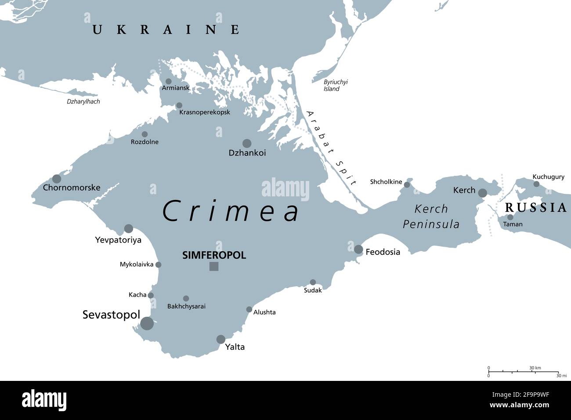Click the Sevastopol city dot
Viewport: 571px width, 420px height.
point(147,324)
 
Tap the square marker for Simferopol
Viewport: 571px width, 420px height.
point(214,266)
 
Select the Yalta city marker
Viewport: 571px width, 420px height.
point(221,339)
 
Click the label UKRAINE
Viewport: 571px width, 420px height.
point(166,30)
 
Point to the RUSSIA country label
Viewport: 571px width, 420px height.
point(536,208)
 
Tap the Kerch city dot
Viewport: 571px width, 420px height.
point(482,193)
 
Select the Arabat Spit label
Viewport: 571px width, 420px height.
point(332,147)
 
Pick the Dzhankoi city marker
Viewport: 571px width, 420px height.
point(247,143)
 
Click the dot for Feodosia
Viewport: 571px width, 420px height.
point(358,250)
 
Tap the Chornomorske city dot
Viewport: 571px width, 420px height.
point(57,179)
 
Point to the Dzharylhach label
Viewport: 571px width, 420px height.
point(83,101)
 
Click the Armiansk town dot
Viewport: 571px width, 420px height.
point(168,81)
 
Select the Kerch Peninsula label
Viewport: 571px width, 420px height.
point(431,216)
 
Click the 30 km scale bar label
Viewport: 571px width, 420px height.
point(535,368)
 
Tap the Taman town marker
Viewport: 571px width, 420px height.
point(510,217)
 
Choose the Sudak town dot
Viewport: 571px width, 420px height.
point(313,282)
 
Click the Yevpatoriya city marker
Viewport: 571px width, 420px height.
point(128,228)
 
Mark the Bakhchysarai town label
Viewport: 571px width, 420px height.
point(186,306)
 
